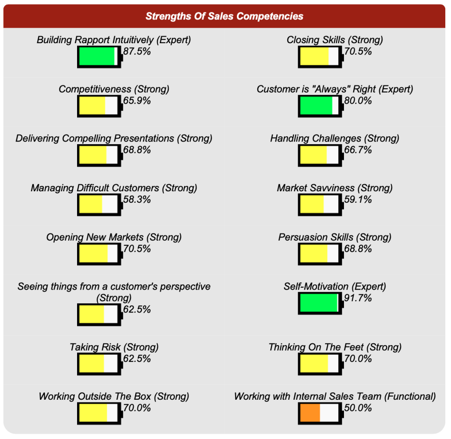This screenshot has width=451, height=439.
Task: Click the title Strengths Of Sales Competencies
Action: pos(225,16)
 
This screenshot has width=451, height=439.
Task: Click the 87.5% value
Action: pos(137,52)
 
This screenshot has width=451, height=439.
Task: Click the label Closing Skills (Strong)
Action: pos(335,40)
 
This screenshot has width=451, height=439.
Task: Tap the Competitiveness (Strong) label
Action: pos(114,89)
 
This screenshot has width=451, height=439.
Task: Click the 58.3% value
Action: pos(137,200)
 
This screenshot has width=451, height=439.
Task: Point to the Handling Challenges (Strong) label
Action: pos(335,138)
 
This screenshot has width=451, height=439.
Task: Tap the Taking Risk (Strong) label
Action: pos(114,347)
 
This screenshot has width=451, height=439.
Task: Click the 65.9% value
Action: pos(137,101)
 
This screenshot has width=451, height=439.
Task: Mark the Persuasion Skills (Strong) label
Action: pos(335,237)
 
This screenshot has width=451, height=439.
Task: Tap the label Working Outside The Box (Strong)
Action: pos(114,396)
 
